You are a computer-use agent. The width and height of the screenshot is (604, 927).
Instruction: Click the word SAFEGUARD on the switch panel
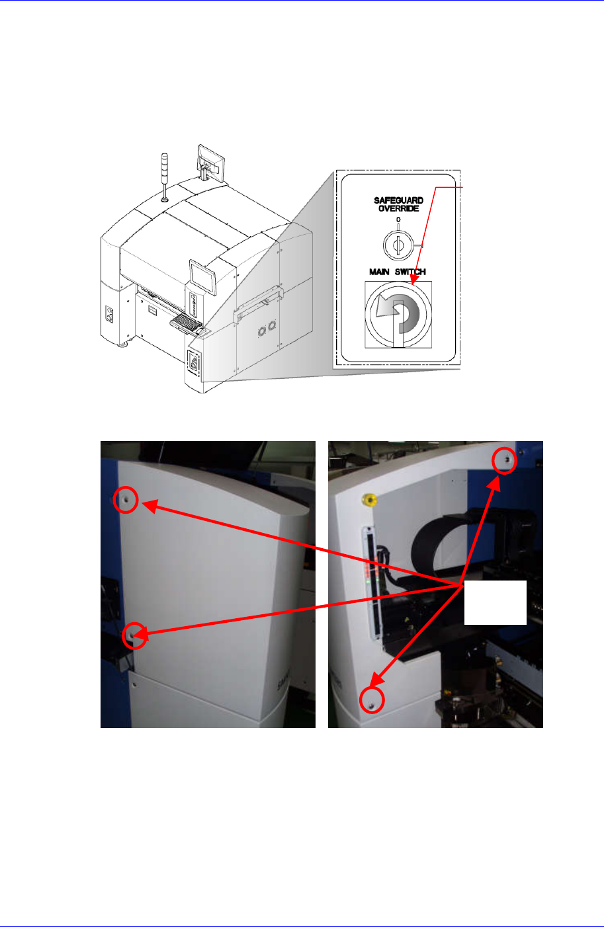[x=398, y=200]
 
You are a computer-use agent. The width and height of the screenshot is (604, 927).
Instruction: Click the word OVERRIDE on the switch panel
[x=398, y=209]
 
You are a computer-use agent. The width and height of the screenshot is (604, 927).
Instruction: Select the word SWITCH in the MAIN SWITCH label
[x=411, y=272]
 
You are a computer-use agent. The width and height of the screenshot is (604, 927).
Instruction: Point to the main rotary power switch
[x=398, y=314]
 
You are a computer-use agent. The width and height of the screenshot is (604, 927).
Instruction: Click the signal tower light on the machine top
[x=165, y=175]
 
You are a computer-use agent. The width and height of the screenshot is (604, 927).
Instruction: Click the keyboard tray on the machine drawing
[x=187, y=323]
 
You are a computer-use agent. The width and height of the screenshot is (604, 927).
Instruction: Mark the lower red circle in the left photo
[x=134, y=635]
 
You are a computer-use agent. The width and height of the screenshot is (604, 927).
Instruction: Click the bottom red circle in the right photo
[x=372, y=700]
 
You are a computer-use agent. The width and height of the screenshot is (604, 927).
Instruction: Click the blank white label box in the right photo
[x=495, y=602]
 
